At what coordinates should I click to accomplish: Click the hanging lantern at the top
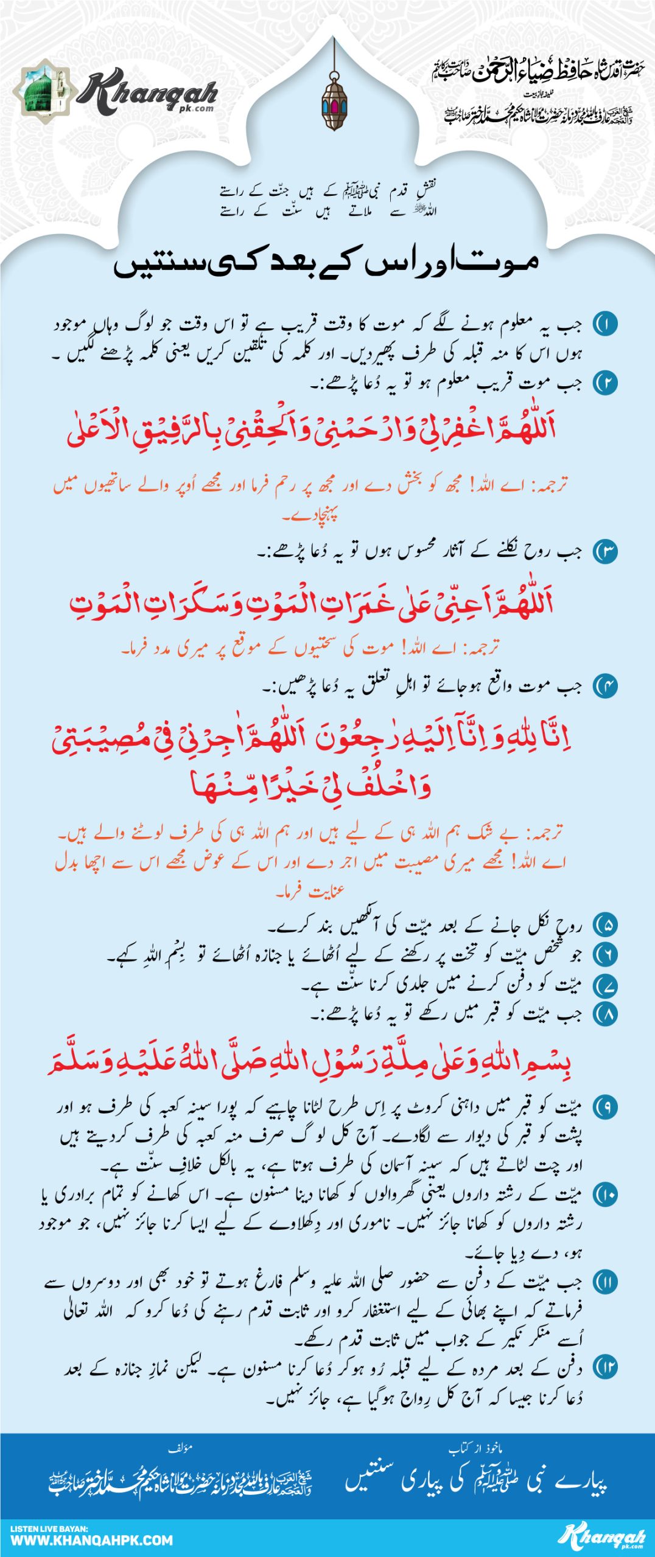[x=334, y=101]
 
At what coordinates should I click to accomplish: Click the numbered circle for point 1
[x=605, y=324]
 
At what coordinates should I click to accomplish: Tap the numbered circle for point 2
[x=605, y=383]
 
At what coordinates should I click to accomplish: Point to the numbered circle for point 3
[x=605, y=552]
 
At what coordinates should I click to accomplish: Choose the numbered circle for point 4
[x=605, y=686]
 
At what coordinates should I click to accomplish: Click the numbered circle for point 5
[x=605, y=925]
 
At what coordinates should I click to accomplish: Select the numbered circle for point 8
[x=605, y=1013]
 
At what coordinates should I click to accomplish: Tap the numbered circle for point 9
[x=605, y=1107]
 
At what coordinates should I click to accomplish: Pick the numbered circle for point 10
[x=605, y=1195]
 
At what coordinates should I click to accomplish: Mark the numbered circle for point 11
[x=605, y=1282]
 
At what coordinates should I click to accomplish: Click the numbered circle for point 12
[x=605, y=1368]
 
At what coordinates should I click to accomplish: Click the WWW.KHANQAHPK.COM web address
[x=91, y=1541]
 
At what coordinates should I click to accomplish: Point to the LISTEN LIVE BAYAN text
[x=49, y=1528]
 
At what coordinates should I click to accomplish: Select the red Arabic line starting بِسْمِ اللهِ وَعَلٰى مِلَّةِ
[x=309, y=1061]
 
